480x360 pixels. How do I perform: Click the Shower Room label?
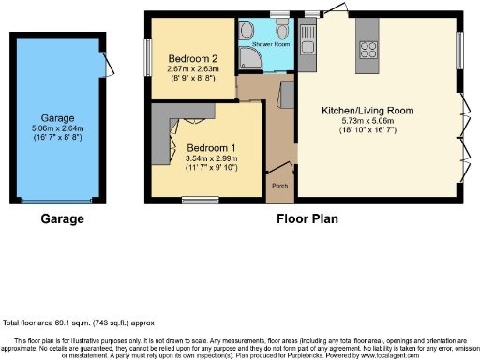268,42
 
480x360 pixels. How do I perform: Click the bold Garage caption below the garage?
63,219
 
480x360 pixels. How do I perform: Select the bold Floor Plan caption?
307,219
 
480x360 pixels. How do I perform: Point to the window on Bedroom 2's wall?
146,53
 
